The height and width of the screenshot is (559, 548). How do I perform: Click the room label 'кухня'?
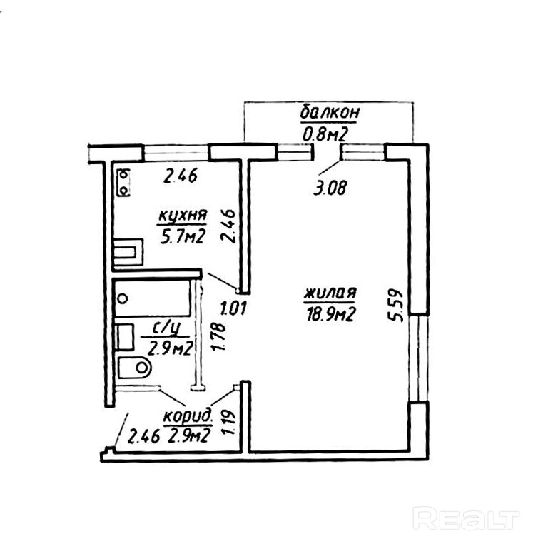183,215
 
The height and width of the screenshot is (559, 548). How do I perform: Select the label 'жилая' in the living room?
330,293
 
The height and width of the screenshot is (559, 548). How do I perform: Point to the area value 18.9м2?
330,313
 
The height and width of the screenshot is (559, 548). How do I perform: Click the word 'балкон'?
329,113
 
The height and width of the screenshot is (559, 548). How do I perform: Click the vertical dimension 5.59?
400,305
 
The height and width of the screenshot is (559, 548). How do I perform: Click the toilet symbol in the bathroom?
135,368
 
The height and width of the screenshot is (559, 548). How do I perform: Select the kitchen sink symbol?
128,251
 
